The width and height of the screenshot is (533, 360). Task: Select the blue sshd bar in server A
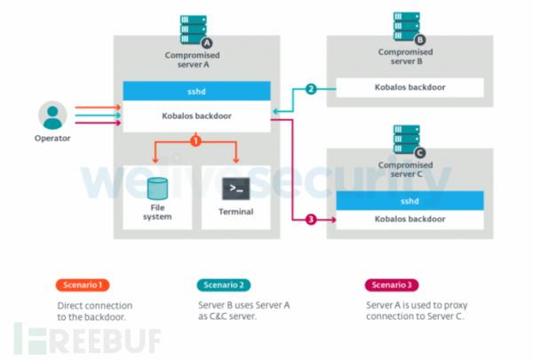[x=195, y=91]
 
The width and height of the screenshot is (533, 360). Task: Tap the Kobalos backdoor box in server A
[x=195, y=112]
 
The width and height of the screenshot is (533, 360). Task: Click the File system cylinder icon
[x=158, y=188]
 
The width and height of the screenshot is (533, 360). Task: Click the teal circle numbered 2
[x=311, y=89]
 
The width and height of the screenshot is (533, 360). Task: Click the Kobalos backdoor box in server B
[x=409, y=87]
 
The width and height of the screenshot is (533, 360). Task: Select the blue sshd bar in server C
[x=409, y=201]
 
